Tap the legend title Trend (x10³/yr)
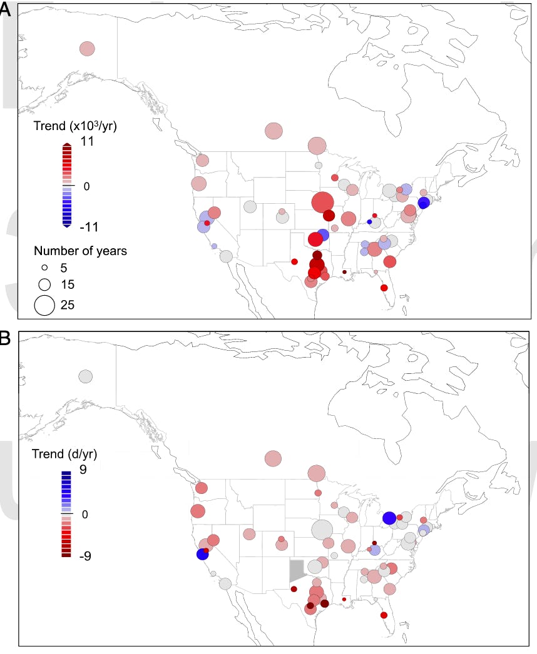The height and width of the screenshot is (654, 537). coord(75,126)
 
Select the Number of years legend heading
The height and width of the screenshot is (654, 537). coord(81,251)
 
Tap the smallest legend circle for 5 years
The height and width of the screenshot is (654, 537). coord(44,268)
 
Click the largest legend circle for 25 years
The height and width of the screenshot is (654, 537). coord(44,304)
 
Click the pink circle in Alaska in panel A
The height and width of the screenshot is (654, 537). coord(87,49)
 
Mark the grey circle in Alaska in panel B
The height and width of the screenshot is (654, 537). coord(86,376)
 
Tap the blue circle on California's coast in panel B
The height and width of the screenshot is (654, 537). coord(202,554)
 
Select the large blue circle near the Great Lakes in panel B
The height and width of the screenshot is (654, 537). coord(389,518)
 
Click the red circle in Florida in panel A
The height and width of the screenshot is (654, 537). coord(384,288)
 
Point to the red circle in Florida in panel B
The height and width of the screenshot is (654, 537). coord(384,615)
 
